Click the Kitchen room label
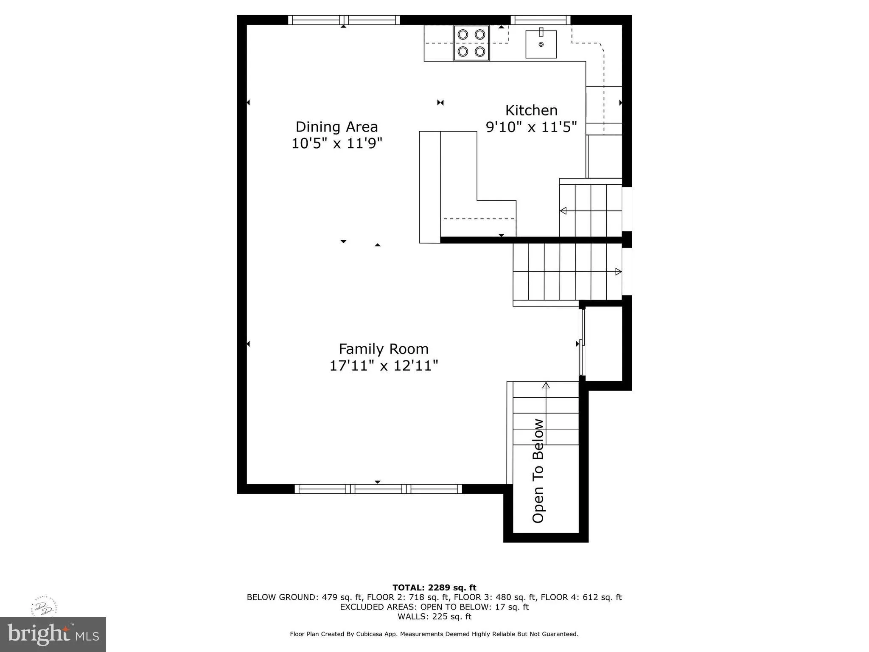click(531, 110)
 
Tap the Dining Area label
click(336, 127)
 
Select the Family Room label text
click(383, 349)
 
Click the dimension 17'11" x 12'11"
click(383, 365)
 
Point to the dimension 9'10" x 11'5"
click(531, 127)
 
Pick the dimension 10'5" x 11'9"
click(336, 143)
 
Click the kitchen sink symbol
click(541, 44)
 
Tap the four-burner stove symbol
click(471, 43)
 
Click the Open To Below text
click(538, 471)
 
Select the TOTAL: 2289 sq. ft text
click(434, 587)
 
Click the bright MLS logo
click(53, 634)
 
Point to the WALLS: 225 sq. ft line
click(434, 616)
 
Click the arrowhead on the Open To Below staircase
click(546, 385)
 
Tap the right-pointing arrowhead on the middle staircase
click(618, 272)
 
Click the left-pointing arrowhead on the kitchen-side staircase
click(563, 211)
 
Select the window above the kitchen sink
click(540, 20)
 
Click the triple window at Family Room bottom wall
click(378, 489)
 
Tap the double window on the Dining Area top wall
click(344, 20)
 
